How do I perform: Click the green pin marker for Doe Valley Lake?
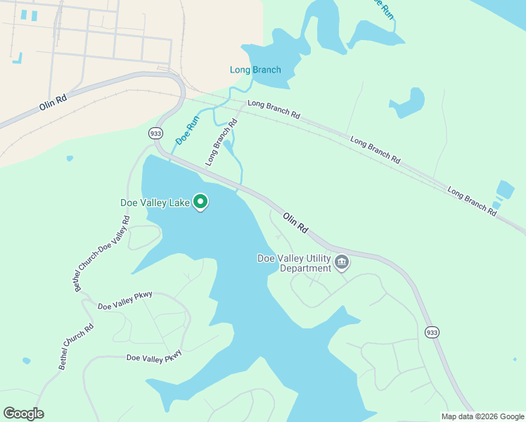point(200,203)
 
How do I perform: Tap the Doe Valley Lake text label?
point(155,203)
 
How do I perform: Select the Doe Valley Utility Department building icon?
point(342,262)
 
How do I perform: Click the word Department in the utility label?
point(305,268)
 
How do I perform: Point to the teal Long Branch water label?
point(255,70)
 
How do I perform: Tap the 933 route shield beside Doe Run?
point(155,133)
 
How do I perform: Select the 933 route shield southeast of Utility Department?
point(432,331)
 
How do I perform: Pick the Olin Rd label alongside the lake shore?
point(295,223)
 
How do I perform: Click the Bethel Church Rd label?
point(76,347)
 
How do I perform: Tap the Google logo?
point(23,414)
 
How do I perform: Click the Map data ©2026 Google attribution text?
point(482,416)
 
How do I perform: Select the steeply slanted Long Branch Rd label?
point(222,141)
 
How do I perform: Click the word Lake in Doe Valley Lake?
point(179,203)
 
